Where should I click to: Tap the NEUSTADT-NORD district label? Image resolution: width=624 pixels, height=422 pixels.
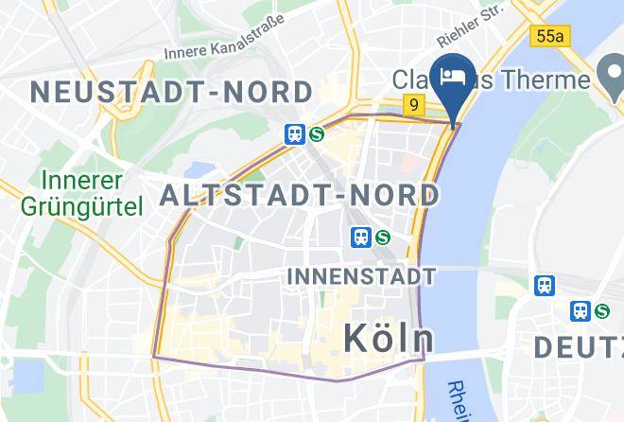171,92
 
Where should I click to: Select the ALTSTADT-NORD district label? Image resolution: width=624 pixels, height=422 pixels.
300,195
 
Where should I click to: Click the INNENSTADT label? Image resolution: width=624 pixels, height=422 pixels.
360,276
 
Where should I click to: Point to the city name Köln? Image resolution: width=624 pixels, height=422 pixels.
388,338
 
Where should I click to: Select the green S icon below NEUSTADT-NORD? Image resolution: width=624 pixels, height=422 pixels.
317,134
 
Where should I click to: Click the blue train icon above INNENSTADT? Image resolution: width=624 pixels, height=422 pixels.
360,237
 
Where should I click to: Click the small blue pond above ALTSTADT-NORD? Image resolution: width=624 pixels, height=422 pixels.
201,169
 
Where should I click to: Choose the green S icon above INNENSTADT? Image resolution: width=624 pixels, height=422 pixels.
383,237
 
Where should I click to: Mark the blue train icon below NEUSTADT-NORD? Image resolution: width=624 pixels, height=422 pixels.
294,134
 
